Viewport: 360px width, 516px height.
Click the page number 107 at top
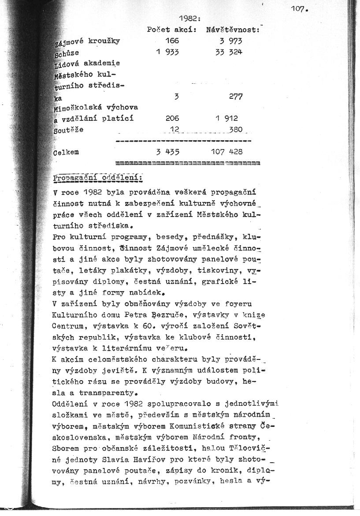pos(299,8)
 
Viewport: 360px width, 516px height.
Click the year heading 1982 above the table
pos(190,19)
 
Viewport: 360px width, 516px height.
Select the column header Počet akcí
pos(171,30)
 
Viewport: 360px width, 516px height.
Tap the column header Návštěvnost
pos(232,30)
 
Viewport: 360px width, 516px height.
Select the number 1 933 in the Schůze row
pos(167,52)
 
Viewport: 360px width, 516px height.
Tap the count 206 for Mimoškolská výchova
pos(171,118)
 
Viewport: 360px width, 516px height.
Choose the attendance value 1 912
pos(227,118)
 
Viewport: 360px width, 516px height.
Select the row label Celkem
pos(66,152)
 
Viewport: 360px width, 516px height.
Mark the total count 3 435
pos(167,152)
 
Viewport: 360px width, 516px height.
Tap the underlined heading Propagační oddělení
pos(97,177)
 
